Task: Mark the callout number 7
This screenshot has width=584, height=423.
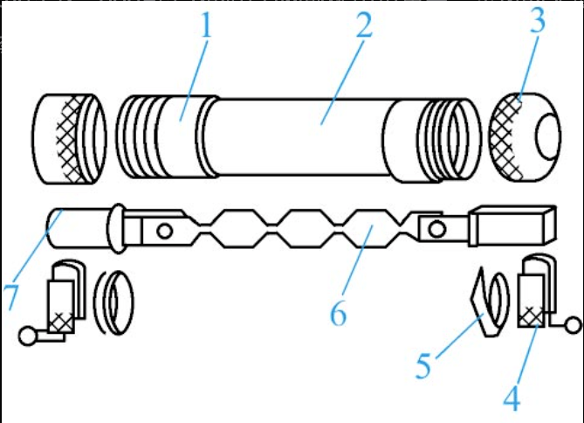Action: coord(12,295)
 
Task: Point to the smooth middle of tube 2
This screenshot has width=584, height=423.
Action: coord(297,138)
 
